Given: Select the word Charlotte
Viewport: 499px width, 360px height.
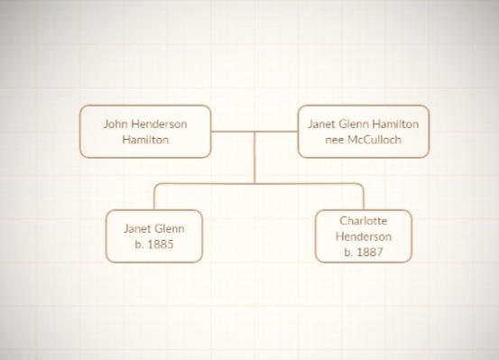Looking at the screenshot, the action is pyautogui.click(x=363, y=220).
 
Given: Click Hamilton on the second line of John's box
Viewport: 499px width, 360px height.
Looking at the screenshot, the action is pyautogui.click(x=145, y=140).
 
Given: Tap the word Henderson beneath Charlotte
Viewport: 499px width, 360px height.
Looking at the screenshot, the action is pyautogui.click(x=363, y=236).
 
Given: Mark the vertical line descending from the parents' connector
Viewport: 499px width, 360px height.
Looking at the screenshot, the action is pyautogui.click(x=254, y=158).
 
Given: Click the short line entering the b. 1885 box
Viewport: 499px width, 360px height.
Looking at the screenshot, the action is pyautogui.click(x=153, y=197).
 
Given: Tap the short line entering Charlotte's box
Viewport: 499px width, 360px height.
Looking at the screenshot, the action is pyautogui.click(x=363, y=197).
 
